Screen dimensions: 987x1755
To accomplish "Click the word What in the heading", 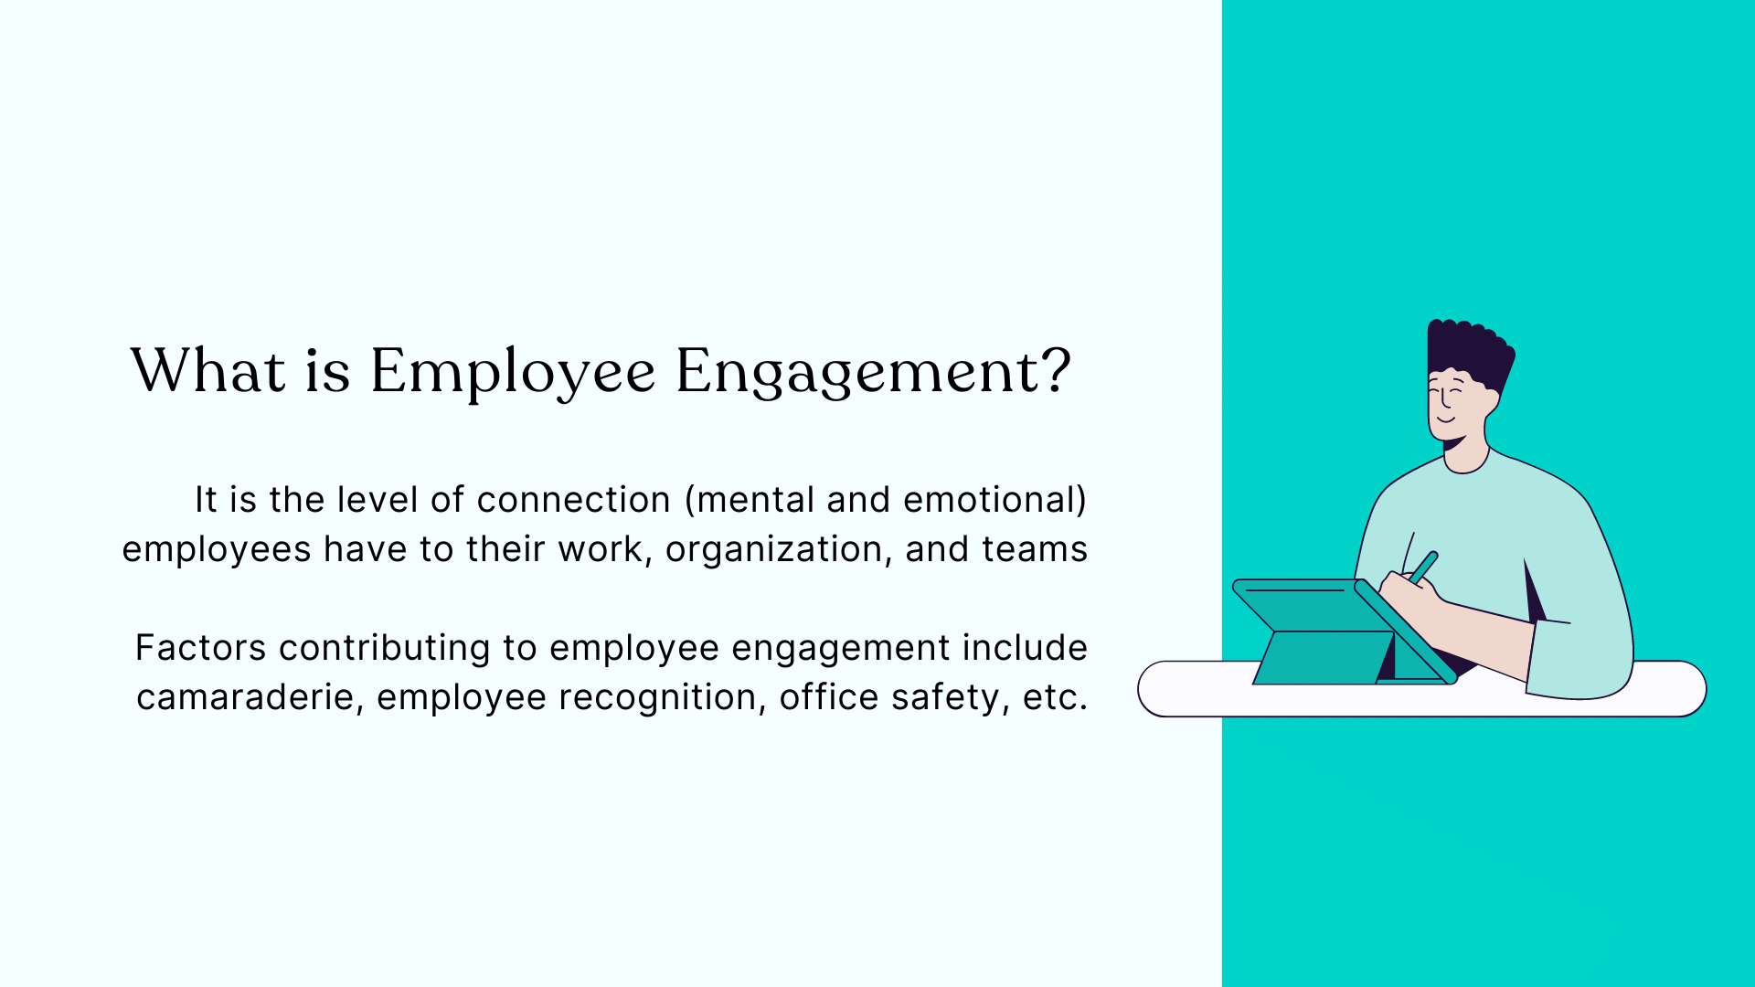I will (208, 371).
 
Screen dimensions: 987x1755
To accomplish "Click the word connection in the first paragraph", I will (573, 500).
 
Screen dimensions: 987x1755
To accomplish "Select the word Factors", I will (200, 648).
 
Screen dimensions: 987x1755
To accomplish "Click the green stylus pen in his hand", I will (1423, 568).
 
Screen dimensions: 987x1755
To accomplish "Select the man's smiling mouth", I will (1445, 419).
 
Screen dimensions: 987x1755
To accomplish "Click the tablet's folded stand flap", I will (1324, 657).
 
